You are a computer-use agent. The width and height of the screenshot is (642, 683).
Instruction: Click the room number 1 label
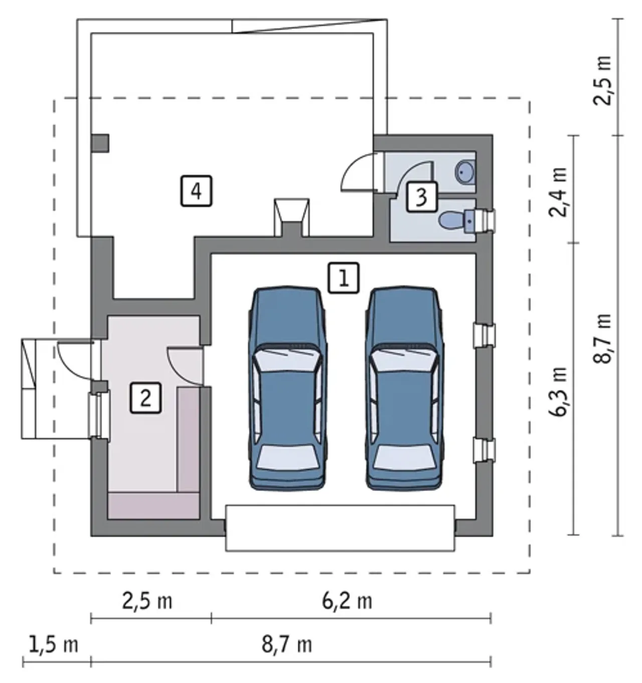[x=344, y=278]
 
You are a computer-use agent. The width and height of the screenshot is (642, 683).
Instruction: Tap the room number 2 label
[x=145, y=398]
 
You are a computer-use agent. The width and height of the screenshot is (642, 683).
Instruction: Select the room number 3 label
[x=422, y=197]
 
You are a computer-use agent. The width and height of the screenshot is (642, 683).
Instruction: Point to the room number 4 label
[x=196, y=191]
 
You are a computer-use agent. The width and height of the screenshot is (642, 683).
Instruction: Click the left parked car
[x=287, y=388]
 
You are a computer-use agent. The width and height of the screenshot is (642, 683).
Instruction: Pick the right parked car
[x=404, y=388]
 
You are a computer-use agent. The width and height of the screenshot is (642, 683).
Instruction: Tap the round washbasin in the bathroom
[x=465, y=172]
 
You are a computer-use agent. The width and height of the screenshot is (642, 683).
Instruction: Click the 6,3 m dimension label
[x=557, y=391]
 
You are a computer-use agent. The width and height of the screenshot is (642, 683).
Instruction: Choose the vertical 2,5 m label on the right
[x=602, y=80]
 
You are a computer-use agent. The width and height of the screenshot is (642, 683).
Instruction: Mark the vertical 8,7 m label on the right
[x=602, y=338]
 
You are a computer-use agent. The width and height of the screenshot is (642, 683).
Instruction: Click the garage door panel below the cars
[x=340, y=528]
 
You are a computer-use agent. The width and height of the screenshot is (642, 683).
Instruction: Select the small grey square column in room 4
[x=100, y=143]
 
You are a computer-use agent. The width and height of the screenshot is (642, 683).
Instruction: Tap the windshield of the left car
[x=287, y=360]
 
